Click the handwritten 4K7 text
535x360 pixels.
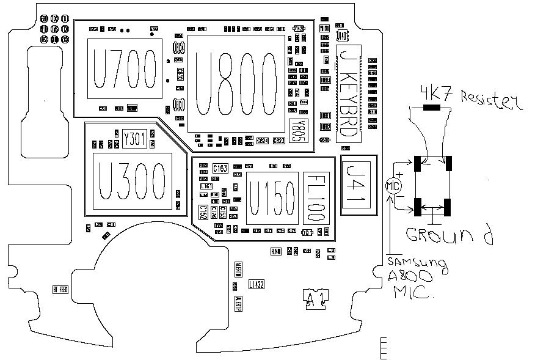435,93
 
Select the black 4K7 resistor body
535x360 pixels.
432,108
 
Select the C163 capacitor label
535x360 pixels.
220,167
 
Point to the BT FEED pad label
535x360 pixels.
60,289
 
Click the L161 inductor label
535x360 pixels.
206,185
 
